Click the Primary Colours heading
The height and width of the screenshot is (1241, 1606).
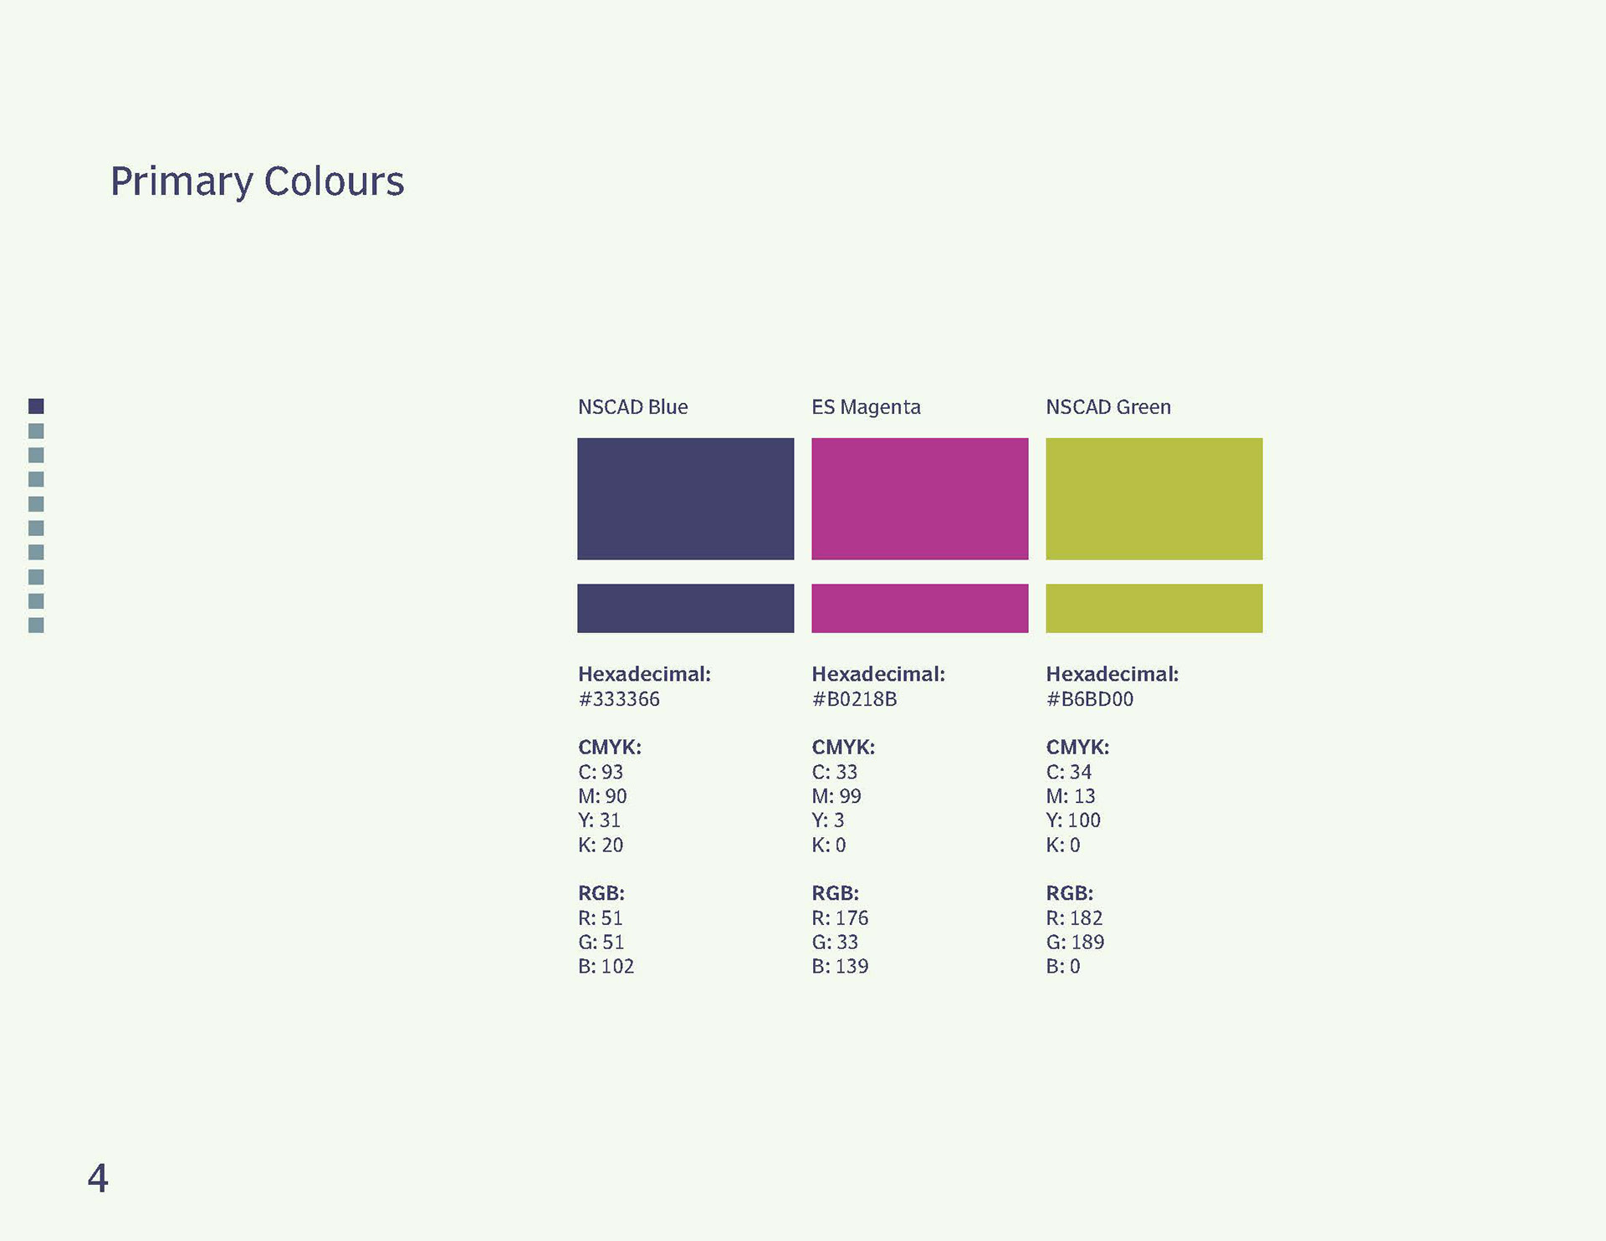[x=257, y=181]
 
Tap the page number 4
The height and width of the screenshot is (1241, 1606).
[x=98, y=1178]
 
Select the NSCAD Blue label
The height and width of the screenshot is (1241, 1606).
[x=632, y=407]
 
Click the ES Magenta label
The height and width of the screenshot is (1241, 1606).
[x=866, y=407]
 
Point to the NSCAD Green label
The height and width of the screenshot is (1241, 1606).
[x=1108, y=407]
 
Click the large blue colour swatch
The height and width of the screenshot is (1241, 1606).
[x=686, y=498]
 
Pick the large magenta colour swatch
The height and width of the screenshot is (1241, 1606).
[x=920, y=498]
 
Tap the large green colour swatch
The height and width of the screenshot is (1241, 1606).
[x=1154, y=498]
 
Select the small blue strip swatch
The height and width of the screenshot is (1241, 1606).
[x=686, y=608]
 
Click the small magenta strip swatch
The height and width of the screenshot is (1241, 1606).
[x=920, y=608]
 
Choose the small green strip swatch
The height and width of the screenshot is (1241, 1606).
[x=1154, y=608]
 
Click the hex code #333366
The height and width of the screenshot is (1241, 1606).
[x=619, y=699]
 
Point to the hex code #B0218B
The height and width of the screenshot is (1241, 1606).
[x=854, y=699]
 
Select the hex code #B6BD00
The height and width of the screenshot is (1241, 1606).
[x=1090, y=699]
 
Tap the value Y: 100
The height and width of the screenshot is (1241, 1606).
[x=1073, y=820]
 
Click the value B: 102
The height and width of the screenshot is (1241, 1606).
[x=606, y=967]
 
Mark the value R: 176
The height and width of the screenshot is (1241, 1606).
[x=840, y=918]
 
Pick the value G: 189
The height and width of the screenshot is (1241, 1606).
[x=1075, y=942]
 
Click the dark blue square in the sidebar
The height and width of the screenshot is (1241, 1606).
[x=36, y=406]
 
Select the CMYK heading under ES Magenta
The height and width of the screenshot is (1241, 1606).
[x=843, y=747]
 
